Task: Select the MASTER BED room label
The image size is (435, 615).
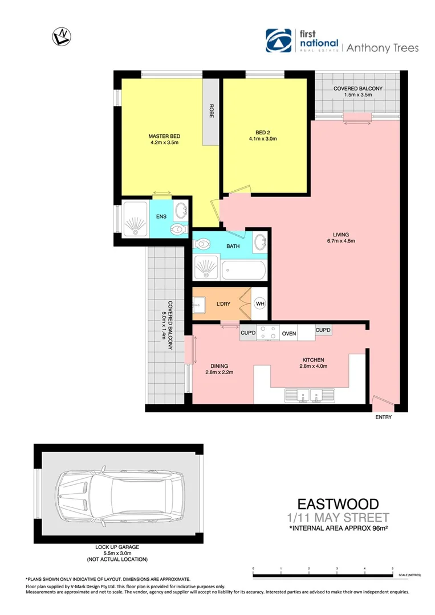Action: [x=164, y=136]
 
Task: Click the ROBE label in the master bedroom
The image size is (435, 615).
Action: [x=212, y=111]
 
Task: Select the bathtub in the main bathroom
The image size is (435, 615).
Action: [x=243, y=269]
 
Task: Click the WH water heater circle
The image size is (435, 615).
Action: [x=260, y=304]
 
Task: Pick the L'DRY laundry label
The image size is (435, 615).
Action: [x=223, y=304]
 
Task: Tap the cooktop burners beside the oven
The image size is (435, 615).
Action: [x=267, y=333]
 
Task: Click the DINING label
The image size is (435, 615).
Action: [x=219, y=366]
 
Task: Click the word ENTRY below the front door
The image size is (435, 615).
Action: [x=383, y=417]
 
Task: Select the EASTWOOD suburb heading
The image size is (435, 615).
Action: [x=338, y=504]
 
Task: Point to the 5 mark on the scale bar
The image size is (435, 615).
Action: [x=392, y=569]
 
